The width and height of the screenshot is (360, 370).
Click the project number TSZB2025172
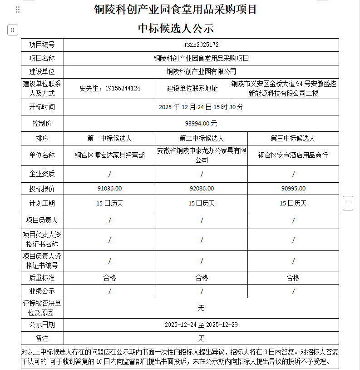(201, 45)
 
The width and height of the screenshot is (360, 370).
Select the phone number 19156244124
(123, 89)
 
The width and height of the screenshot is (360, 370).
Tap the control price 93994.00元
(201, 123)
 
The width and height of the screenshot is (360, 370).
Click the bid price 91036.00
(109, 189)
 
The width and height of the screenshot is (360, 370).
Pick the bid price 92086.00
(202, 189)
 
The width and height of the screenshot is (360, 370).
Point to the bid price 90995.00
(293, 189)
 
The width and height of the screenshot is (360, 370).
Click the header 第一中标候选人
(109, 138)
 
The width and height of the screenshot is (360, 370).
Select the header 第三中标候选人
(293, 138)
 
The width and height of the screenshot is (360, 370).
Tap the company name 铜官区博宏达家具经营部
(109, 155)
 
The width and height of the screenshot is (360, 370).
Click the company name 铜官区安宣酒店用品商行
(293, 155)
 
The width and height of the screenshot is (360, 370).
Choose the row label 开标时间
(42, 107)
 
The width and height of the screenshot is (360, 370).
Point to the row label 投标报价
(42, 189)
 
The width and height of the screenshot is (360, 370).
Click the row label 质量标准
(42, 278)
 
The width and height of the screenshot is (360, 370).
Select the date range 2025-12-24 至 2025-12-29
(201, 325)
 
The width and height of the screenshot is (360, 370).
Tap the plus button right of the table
(348, 203)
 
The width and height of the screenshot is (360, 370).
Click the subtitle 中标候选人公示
(176, 28)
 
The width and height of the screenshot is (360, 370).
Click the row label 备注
(42, 339)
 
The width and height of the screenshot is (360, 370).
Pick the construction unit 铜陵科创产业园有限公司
(201, 71)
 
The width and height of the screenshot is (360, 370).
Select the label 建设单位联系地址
(192, 89)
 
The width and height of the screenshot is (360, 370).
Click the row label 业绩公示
(42, 291)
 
